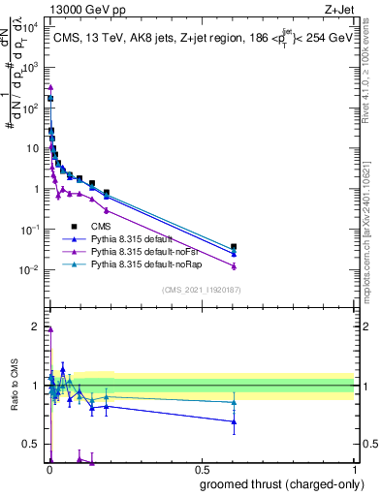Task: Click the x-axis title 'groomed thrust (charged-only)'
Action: [276, 483]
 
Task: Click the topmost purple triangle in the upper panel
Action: [50, 87]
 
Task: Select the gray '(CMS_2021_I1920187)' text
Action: [202, 289]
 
